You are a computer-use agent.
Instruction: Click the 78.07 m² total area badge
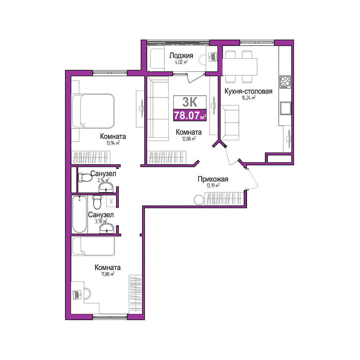(x=190, y=115)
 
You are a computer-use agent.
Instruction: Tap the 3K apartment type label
(x=190, y=102)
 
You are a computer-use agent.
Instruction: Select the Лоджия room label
(x=181, y=55)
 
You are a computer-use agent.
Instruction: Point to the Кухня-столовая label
(x=248, y=91)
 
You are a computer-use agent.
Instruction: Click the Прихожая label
(x=213, y=179)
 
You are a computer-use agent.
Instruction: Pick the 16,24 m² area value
(x=248, y=98)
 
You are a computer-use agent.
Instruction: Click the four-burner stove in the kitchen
(x=285, y=82)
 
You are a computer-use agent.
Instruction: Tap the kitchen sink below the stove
(x=285, y=108)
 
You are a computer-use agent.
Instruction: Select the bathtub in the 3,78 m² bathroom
(x=79, y=214)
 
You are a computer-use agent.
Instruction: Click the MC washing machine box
(x=111, y=201)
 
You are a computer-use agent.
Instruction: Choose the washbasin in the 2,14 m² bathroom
(x=106, y=187)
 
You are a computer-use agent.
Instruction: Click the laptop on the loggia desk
(x=212, y=57)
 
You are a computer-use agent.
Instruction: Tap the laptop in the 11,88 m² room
(x=77, y=295)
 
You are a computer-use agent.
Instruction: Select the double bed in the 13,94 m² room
(x=93, y=111)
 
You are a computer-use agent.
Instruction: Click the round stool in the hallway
(x=199, y=200)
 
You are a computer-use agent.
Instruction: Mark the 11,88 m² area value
(x=108, y=274)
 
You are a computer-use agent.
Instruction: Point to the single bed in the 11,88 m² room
(x=93, y=246)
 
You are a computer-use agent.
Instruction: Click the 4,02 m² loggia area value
(x=181, y=62)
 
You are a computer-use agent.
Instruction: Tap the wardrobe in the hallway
(x=224, y=199)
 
